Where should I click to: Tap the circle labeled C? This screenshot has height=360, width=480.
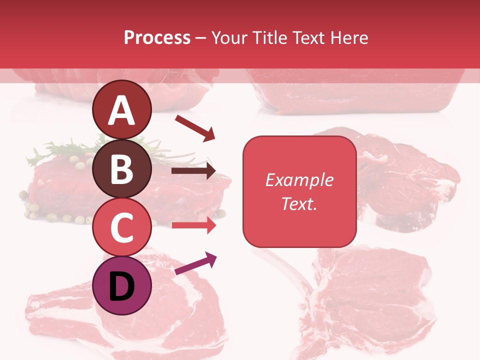pos(121,227)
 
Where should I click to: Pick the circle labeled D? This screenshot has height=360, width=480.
pos(121,285)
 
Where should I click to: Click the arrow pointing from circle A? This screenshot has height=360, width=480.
pos(194,127)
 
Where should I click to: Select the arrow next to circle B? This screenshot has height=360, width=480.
pos(193,171)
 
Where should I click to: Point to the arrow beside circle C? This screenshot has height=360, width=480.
pos(193,225)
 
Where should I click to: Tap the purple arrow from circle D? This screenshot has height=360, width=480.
pos(195,263)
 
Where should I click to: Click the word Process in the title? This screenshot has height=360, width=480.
pos(157,37)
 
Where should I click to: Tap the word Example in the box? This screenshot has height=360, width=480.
pos(299,180)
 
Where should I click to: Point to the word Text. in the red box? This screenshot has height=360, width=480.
pos(299,203)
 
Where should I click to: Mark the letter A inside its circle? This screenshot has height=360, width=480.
pos(121,110)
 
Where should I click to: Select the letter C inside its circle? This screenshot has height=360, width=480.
pos(121,228)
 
